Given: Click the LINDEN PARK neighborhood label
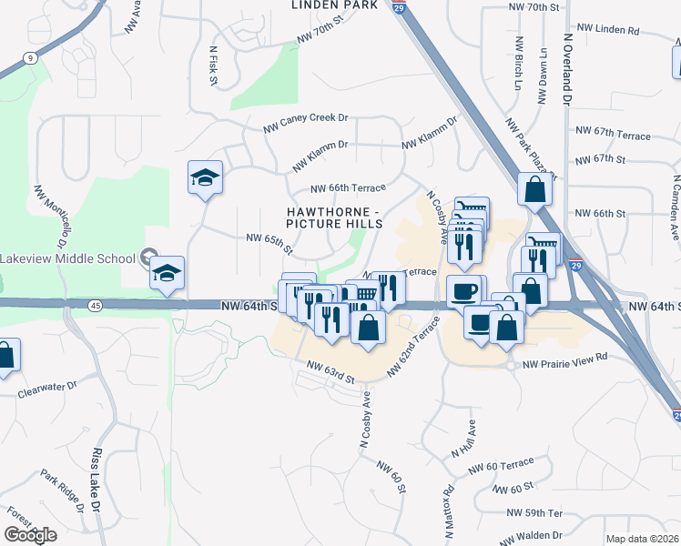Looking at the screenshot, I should click(x=333, y=5).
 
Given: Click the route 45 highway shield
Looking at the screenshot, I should click(x=95, y=306).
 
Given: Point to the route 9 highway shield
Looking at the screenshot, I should click(x=30, y=58).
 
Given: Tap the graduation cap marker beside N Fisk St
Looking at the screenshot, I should click(x=206, y=177).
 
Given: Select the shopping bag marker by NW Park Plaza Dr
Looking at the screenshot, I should click(x=534, y=189).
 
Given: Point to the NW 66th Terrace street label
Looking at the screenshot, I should click(x=348, y=188).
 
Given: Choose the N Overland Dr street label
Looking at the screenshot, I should click(x=566, y=68).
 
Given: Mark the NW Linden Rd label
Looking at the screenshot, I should click(x=606, y=30).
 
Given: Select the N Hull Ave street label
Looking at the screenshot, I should click(x=462, y=438).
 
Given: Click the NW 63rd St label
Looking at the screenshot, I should click(x=329, y=370).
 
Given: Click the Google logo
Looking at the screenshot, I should click(x=30, y=535).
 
